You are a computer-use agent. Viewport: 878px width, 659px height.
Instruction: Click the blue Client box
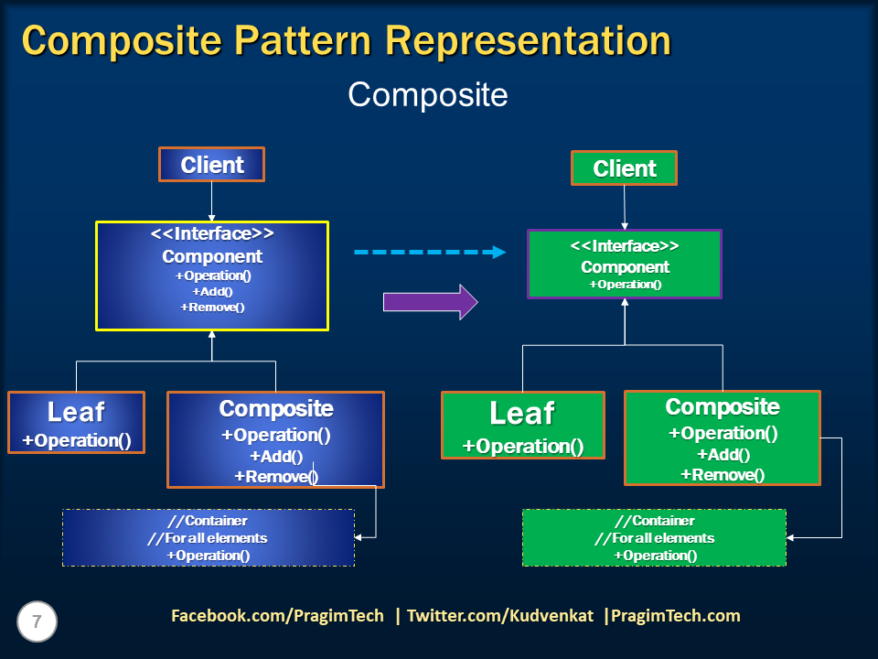211,165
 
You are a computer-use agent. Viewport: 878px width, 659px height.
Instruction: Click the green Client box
624,168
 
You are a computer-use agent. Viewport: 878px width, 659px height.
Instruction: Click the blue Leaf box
76,423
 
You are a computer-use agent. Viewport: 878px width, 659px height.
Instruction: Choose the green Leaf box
522,426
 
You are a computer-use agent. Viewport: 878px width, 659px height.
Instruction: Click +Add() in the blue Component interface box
212,291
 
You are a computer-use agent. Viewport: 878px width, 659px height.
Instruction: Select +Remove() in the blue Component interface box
212,307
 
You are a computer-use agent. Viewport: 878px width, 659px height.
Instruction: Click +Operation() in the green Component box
625,285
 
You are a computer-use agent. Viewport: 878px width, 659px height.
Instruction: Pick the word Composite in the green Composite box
723,406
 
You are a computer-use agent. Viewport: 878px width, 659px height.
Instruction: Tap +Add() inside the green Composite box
723,454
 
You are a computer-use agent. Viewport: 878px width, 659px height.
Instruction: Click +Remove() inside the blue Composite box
275,475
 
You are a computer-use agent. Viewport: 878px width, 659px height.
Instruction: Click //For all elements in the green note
654,538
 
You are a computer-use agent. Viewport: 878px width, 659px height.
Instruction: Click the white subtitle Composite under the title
428,94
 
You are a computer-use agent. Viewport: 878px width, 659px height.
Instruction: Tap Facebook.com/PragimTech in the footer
277,616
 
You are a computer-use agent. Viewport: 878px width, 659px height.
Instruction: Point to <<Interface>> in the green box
625,246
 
